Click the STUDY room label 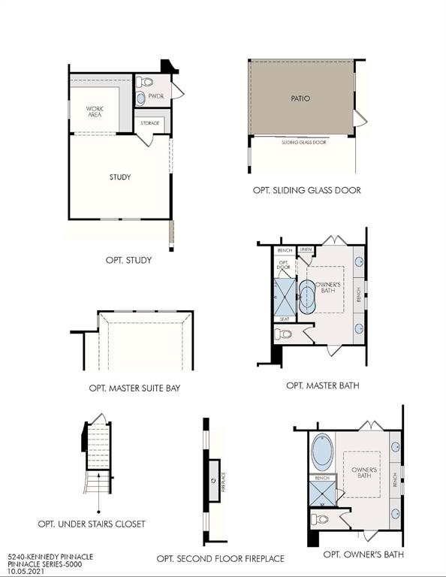click(120, 177)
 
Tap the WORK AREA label click(95, 112)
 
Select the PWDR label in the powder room click(156, 96)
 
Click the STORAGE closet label click(151, 122)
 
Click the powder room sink click(140, 98)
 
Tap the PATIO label click(300, 98)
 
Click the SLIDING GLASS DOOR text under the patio click(304, 142)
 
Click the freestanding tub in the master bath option click(309, 297)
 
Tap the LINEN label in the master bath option click(306, 249)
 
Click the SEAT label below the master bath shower click(284, 319)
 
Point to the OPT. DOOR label click(283, 265)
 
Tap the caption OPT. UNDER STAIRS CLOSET click(91, 524)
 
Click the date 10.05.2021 click(23, 571)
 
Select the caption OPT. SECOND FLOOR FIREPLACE click(220, 558)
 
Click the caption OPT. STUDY click(128, 260)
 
